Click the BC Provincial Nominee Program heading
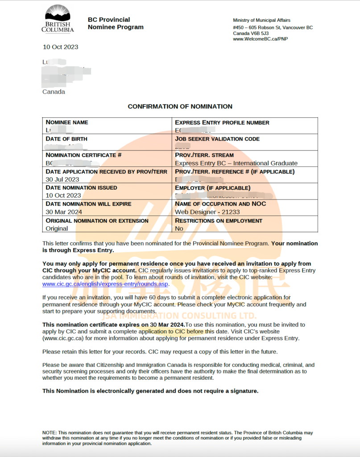pos(116,23)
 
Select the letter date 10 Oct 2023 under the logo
pos(60,47)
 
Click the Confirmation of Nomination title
pos(180,107)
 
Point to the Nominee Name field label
pos(67,122)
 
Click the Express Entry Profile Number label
pos(222,122)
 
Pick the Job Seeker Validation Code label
pos(217,139)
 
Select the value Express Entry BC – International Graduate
pos(236,163)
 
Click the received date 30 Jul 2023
pos(62,179)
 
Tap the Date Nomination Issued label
pos(81,188)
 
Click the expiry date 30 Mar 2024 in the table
pos(64,212)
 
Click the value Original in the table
pos(57,228)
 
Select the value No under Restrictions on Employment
pos(179,228)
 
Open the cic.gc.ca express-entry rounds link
pos(105,284)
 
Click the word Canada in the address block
pos(54,92)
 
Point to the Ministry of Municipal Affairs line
pos(261,21)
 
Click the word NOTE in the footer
pos(49,433)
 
